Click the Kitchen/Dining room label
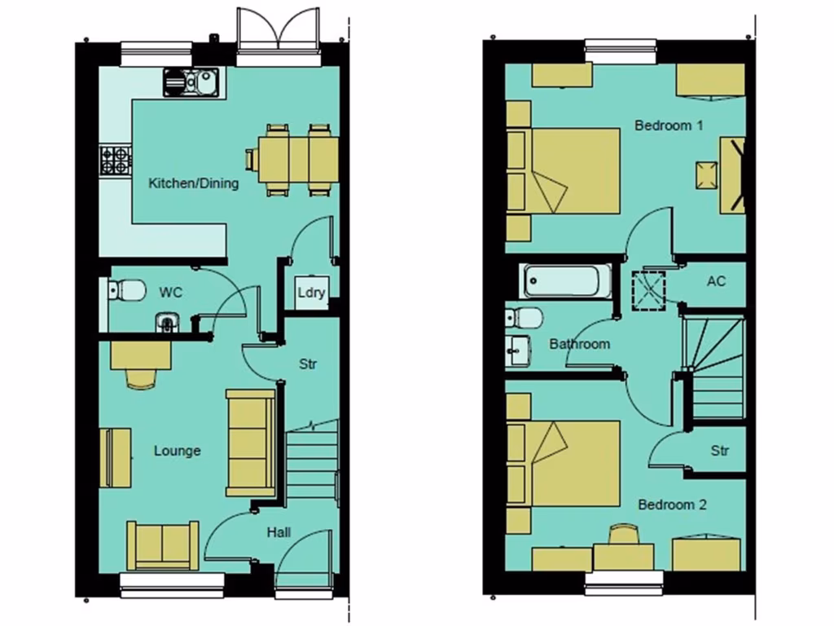click(193, 183)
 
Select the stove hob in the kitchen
click(115, 159)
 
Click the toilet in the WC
click(124, 289)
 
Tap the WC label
click(170, 291)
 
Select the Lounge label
click(177, 451)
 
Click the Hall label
click(279, 532)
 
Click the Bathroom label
click(579, 344)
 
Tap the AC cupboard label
click(716, 281)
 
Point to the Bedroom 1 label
click(669, 126)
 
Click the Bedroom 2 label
click(672, 505)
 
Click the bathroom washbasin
click(517, 350)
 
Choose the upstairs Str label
click(719, 451)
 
